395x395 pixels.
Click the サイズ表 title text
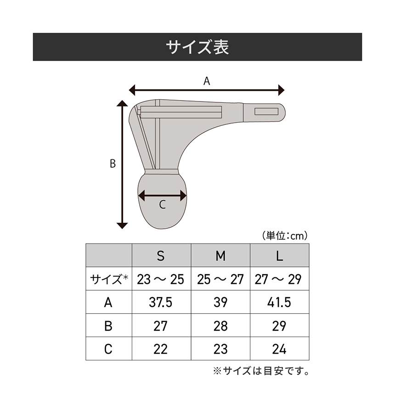197,47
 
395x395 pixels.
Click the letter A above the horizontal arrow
207,81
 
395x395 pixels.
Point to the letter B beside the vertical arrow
113,164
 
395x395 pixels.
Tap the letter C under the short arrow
162,205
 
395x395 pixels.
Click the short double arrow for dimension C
163,196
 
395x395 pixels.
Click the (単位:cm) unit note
285,236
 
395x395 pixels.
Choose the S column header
161,256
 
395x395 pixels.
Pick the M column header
220,256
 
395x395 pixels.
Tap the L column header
279,256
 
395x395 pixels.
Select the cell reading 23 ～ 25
161,279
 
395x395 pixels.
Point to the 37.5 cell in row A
161,303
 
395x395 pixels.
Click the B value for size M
220,326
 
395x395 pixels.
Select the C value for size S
161,350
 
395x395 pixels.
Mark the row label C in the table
108,350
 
